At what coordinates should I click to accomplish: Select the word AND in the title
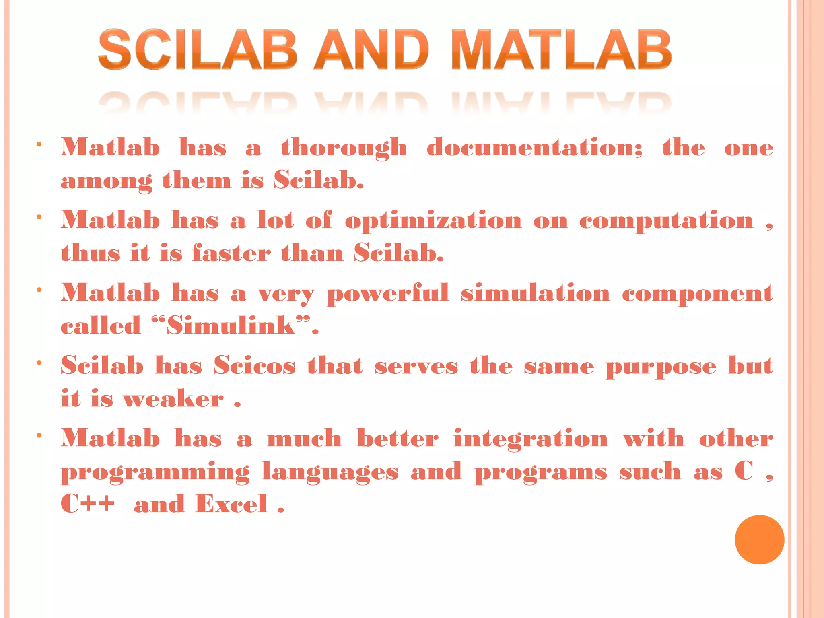[371, 50]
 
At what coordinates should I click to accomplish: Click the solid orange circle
[759, 540]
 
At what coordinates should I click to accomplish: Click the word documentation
[534, 147]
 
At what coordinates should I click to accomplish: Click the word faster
[231, 253]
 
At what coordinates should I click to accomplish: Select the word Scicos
[254, 366]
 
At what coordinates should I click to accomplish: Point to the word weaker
[173, 399]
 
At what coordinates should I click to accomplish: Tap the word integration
[531, 439]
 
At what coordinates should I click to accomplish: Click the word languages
[330, 472]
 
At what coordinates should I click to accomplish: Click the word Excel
[231, 504]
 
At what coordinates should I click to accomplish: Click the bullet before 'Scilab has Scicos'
[39, 363]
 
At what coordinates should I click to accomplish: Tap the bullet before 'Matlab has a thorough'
[39, 144]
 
